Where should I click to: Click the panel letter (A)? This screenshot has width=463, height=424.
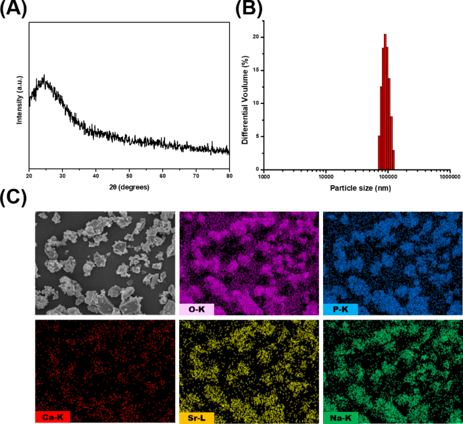pos(14,9)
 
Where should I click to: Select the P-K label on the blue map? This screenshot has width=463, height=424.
pos(340,310)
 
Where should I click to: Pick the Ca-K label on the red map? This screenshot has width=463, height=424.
pos(53,417)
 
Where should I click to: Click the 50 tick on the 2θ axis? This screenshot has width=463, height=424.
pos(128,175)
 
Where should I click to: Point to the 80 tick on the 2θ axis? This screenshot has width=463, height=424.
pos(229,175)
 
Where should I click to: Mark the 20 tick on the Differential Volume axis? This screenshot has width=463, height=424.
pos(256,38)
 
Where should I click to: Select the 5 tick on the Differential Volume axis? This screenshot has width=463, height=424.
pos(258,136)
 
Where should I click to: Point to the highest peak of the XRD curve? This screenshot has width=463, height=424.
pos(44,76)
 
